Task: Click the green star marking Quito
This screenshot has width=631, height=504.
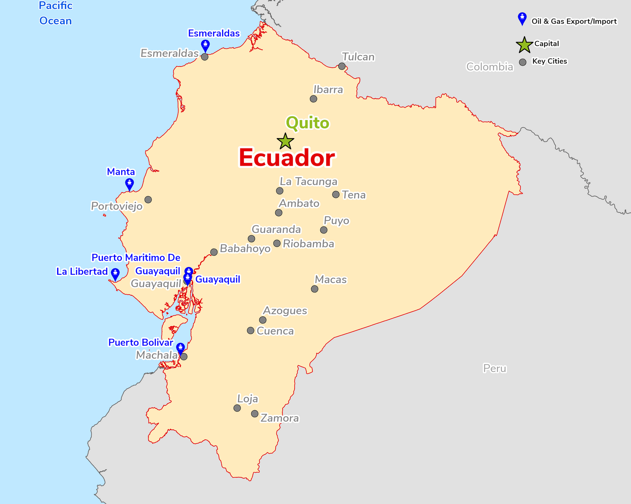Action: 285,141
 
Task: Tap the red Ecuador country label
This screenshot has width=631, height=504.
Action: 287,158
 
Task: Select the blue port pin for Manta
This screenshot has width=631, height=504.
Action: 129,184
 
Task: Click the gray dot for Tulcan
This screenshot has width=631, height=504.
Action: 342,66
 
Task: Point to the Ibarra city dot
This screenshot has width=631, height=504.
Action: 314,99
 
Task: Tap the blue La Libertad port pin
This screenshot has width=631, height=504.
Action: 115,274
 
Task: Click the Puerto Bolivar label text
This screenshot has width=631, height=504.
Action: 141,342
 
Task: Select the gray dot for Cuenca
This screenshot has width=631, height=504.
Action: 250,330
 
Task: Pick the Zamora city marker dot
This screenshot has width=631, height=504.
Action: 255,414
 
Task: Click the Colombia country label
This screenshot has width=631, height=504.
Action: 489,67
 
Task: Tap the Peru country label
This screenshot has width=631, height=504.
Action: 495,368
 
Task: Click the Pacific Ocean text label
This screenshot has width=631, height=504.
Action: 56,13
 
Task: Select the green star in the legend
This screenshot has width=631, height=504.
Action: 524,45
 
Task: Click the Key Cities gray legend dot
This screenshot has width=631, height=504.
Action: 523,62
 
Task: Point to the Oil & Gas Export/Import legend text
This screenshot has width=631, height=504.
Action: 574,21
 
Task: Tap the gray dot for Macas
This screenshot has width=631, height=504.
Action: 314,289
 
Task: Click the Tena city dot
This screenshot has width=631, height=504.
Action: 336,195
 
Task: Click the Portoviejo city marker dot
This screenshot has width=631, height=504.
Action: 148,200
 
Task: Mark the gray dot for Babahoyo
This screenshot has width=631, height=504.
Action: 214,252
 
